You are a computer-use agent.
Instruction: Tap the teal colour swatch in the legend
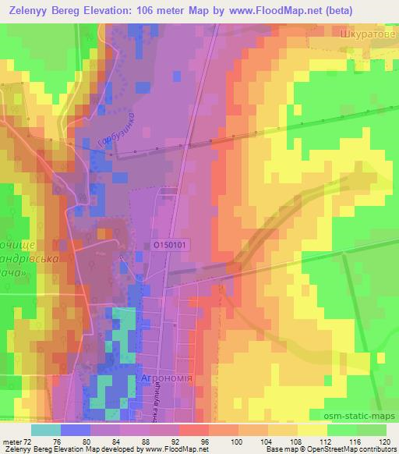point(46,430)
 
